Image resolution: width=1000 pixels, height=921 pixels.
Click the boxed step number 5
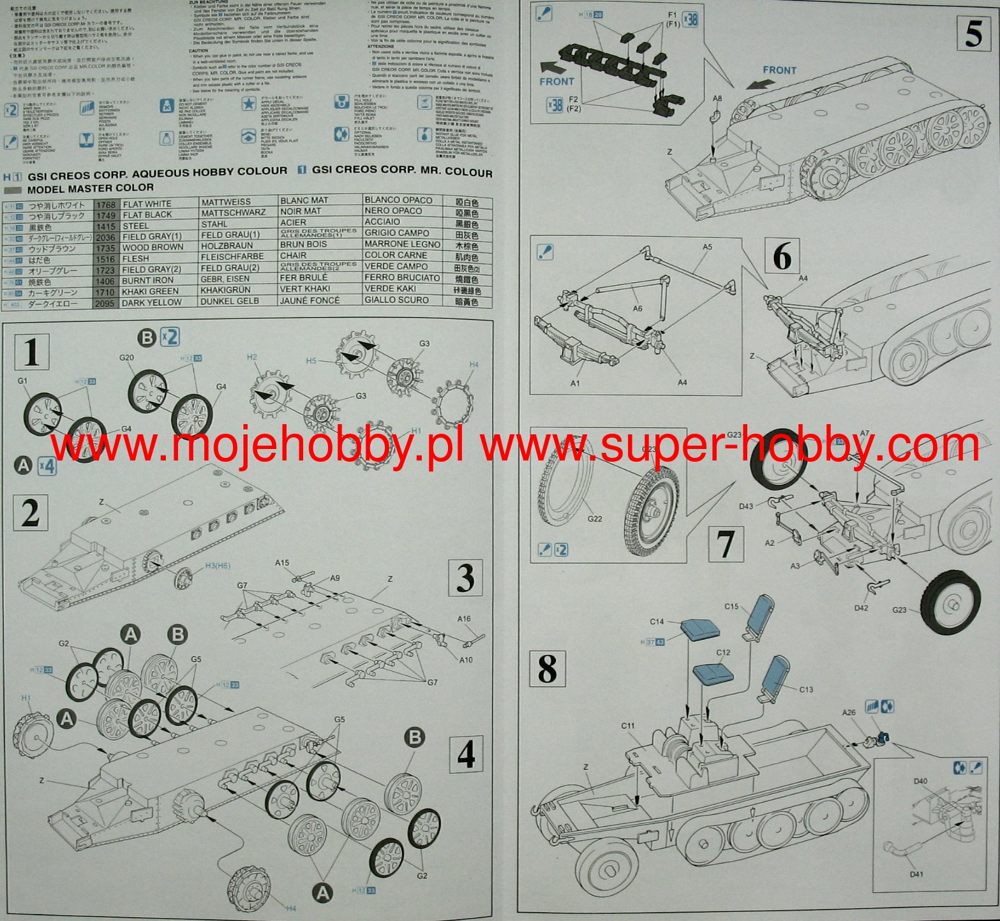click(973, 33)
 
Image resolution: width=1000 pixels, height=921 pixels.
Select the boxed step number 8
click(547, 669)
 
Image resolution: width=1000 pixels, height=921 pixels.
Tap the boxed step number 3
click(465, 578)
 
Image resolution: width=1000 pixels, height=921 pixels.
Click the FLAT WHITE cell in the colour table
click(147, 204)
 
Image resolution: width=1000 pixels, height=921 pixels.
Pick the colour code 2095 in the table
click(105, 303)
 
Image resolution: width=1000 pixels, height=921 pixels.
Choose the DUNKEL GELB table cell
click(230, 300)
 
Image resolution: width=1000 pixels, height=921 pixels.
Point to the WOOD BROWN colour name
click(153, 247)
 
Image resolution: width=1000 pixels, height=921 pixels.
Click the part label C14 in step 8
click(657, 621)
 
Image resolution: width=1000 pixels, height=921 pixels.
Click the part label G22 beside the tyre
click(594, 519)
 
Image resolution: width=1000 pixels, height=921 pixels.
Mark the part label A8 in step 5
click(717, 98)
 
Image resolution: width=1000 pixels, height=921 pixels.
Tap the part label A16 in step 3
click(464, 619)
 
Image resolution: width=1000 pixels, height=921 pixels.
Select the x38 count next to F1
click(690, 20)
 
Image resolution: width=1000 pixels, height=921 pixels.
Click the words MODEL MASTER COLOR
click(91, 188)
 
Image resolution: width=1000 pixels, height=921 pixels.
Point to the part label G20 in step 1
click(126, 358)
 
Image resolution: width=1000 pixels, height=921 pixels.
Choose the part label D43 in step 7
click(747, 506)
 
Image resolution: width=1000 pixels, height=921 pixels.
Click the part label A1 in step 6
click(575, 383)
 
